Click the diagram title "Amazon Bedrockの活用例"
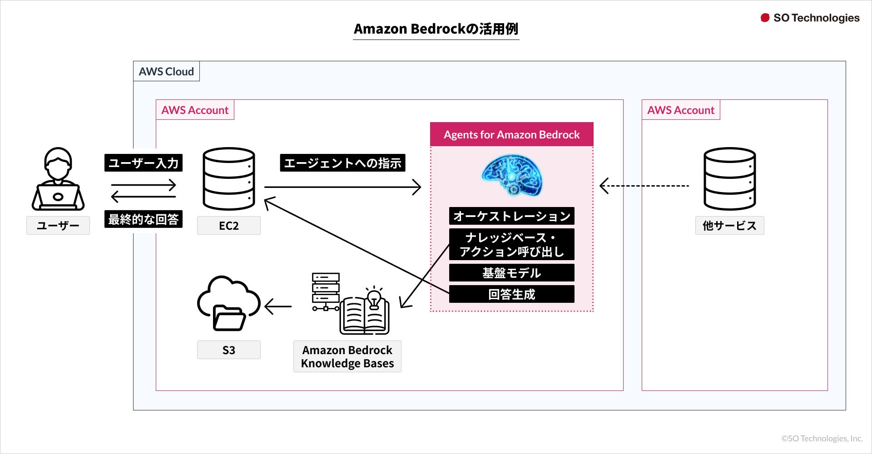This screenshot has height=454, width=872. point(436,29)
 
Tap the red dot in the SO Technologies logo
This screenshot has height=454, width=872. point(765,18)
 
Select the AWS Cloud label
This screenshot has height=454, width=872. point(166,71)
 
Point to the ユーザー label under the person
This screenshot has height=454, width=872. point(58,226)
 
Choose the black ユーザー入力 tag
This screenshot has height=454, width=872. point(144,163)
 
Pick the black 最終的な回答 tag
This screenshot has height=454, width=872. point(144,219)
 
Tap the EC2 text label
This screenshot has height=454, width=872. point(229,226)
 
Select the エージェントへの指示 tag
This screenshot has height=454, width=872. point(342,163)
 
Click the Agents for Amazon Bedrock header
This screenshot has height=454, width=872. point(512,134)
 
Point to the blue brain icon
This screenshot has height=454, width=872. point(512,175)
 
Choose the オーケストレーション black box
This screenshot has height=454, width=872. point(512,216)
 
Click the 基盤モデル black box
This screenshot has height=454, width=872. point(512,273)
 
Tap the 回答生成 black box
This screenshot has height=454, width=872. point(512,294)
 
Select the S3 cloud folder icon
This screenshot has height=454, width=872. point(228,303)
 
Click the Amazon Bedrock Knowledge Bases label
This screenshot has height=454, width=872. point(347,356)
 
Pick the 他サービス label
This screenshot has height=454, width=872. point(729,226)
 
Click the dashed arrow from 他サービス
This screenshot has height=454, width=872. point(645,186)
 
